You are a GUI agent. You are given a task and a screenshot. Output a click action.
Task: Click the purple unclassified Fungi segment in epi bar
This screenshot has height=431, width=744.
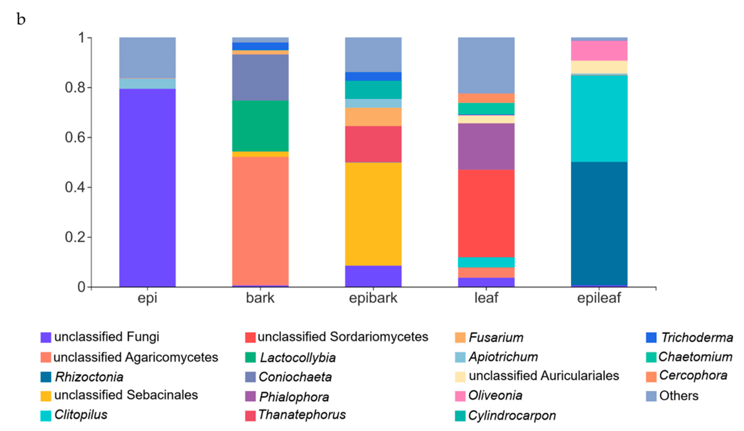click(x=147, y=187)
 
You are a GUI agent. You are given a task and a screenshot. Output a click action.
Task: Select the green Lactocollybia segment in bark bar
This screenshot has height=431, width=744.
click(x=260, y=126)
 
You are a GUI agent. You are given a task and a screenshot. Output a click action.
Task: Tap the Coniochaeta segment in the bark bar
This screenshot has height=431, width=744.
click(x=260, y=77)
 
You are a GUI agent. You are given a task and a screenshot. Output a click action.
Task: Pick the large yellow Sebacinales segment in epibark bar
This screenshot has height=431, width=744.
click(x=373, y=214)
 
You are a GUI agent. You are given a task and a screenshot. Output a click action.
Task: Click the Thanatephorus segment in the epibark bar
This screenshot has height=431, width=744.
click(x=373, y=144)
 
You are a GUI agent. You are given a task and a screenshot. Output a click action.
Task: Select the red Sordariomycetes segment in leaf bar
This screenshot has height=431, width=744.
click(x=486, y=213)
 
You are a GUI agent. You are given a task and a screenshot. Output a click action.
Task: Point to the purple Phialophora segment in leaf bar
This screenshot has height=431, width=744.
click(x=486, y=146)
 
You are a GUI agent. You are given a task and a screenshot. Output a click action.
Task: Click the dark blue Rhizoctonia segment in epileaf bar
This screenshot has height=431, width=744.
click(x=599, y=224)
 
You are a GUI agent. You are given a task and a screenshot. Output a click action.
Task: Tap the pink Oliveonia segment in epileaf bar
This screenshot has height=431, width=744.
click(x=599, y=51)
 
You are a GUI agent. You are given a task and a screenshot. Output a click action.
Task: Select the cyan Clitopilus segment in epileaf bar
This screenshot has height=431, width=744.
click(x=599, y=118)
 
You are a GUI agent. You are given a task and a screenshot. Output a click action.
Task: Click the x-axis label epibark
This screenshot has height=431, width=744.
click(x=373, y=298)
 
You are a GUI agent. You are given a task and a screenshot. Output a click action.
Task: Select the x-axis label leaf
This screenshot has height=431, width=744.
click(x=486, y=298)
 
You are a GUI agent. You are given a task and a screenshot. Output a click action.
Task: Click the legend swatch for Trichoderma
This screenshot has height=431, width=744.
click(x=651, y=337)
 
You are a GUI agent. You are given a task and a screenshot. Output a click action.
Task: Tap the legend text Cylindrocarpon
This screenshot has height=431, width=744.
click(x=512, y=416)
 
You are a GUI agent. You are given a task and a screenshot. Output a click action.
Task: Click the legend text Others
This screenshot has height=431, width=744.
click(x=679, y=396)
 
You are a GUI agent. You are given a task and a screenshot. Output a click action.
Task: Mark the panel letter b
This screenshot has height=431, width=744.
click(x=21, y=19)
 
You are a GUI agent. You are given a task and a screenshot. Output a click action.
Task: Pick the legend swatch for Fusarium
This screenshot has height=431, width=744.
click(x=460, y=337)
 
